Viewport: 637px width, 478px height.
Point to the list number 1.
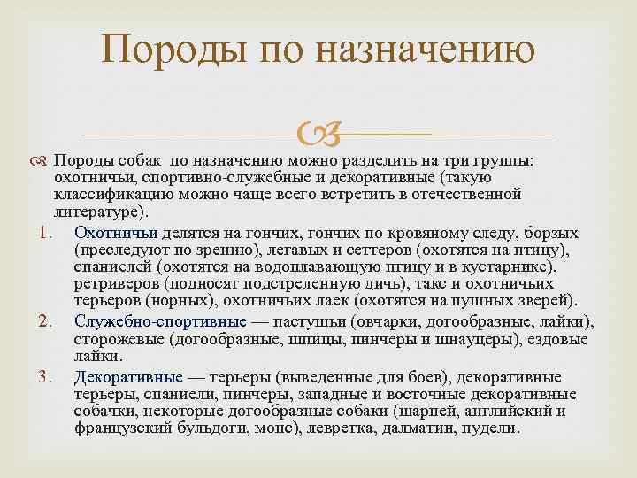48,234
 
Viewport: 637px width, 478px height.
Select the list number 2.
48,320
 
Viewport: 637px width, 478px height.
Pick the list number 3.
48,378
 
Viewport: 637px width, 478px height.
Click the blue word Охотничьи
117,234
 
